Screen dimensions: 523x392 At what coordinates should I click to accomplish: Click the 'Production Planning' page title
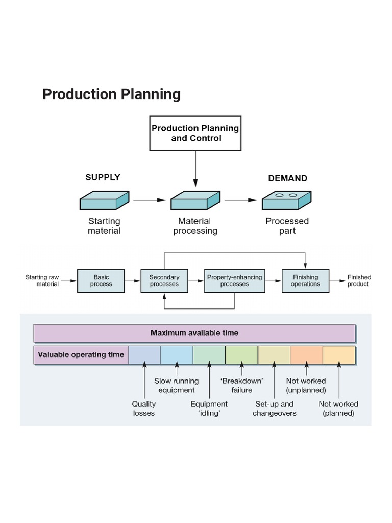tap(111, 94)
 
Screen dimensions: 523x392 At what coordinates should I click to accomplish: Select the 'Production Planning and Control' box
tap(195, 133)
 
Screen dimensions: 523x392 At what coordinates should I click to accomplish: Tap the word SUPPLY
tap(103, 177)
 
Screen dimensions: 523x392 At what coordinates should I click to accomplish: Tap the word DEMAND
tap(287, 178)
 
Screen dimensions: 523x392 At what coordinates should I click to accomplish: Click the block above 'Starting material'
tap(104, 201)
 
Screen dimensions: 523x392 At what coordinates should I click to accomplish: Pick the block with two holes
tap(286, 201)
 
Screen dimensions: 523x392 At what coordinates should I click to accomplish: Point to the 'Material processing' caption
tap(195, 226)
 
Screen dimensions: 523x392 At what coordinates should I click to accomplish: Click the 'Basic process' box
tap(101, 280)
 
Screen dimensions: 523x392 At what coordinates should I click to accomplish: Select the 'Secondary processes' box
tap(164, 280)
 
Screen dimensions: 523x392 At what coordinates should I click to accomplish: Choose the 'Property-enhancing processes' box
tap(234, 280)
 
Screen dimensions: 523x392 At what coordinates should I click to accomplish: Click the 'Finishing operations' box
tap(305, 280)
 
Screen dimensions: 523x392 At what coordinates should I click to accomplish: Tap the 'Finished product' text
tap(359, 280)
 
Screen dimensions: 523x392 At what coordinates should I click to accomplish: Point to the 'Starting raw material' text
tap(42, 280)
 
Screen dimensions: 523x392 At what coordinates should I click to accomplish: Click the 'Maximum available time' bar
tap(194, 333)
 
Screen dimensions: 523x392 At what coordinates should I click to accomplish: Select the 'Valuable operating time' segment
tap(81, 355)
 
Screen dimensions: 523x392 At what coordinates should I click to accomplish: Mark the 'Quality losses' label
tap(144, 408)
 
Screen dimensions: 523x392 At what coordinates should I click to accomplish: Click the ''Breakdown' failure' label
tap(241, 386)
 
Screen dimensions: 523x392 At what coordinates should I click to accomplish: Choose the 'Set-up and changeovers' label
tap(274, 408)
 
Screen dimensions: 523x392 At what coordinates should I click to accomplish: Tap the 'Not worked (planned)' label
tap(338, 408)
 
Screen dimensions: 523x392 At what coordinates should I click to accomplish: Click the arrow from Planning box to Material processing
tap(195, 169)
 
